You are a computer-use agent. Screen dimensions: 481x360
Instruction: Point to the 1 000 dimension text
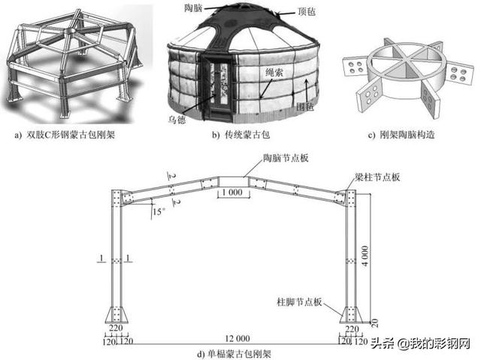233,192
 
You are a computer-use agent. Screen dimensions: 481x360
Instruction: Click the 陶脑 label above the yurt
194,8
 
